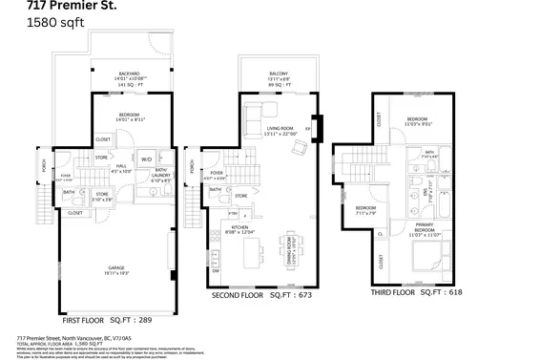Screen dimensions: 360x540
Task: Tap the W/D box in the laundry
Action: tap(147, 159)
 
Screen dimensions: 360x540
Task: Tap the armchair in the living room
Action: tap(300, 146)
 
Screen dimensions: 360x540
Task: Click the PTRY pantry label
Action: tap(218, 213)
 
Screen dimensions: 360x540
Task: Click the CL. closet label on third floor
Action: tap(381, 232)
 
